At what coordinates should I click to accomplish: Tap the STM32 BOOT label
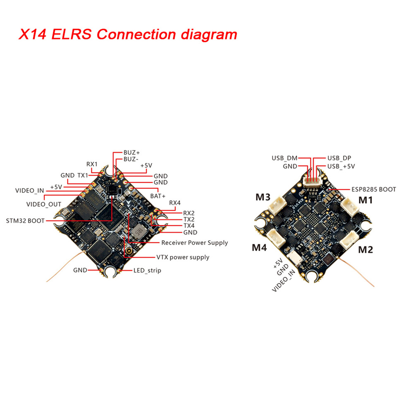[25, 221]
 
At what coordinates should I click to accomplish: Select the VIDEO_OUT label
[44, 204]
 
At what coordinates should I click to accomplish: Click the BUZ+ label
[131, 153]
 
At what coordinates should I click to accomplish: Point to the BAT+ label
[158, 196]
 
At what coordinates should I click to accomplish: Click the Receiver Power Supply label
[194, 243]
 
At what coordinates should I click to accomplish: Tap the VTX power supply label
[183, 257]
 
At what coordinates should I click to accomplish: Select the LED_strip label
[147, 270]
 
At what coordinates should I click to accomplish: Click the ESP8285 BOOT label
[373, 189]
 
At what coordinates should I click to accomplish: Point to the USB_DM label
[284, 158]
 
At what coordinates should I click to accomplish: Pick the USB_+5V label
[341, 166]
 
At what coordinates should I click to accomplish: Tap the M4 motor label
[259, 247]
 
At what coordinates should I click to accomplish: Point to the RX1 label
[92, 164]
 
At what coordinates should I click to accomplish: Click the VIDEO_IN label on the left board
[30, 190]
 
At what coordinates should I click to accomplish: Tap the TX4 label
[189, 226]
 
